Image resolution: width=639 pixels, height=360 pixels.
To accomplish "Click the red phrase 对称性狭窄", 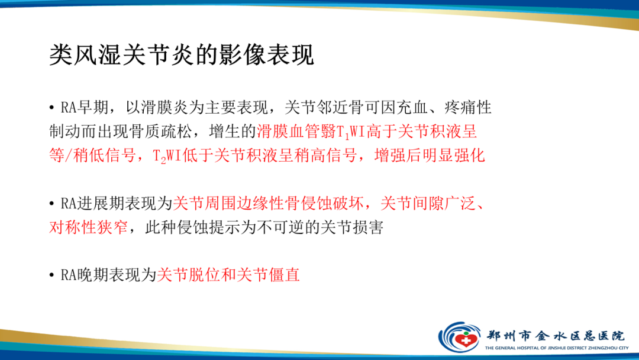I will tap(88, 227).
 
